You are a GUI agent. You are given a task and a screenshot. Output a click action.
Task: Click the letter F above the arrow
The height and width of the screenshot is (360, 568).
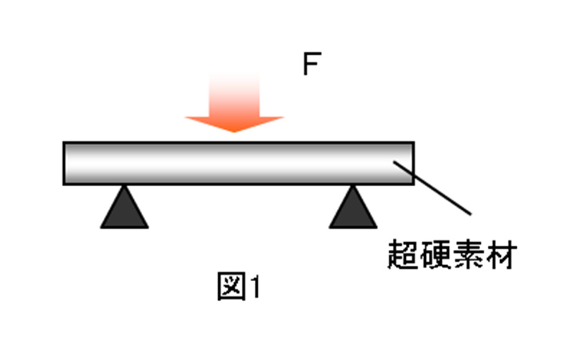(x=310, y=64)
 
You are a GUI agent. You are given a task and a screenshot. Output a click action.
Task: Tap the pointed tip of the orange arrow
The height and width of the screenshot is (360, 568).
(x=234, y=131)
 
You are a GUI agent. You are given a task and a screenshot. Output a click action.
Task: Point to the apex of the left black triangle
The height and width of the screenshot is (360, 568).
(x=124, y=186)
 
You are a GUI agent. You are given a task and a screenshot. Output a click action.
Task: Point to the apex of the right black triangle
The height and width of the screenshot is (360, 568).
(x=353, y=186)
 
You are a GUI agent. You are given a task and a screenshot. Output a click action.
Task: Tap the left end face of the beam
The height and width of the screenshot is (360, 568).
(x=64, y=163)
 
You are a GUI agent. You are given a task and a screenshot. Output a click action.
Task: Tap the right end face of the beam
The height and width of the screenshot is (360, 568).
(x=414, y=163)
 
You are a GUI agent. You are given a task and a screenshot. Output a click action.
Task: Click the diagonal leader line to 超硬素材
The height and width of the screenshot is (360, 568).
(x=433, y=188)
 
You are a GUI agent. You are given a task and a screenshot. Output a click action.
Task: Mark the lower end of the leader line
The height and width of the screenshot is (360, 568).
(x=470, y=213)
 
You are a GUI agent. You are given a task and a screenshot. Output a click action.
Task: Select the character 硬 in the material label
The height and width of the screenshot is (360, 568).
(x=436, y=256)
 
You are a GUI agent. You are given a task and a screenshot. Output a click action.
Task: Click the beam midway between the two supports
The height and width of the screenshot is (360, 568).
(x=238, y=163)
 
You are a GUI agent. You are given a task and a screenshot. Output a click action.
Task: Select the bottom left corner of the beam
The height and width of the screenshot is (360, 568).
(x=64, y=183)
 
